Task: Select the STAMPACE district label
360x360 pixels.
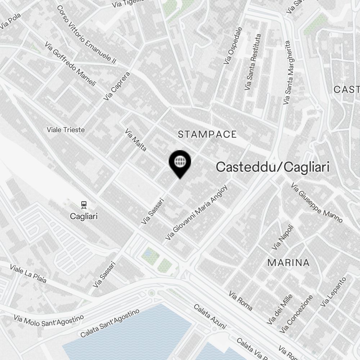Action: (x=207, y=135)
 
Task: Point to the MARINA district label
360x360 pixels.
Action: (x=288, y=263)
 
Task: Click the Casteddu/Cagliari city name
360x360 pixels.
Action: (x=273, y=167)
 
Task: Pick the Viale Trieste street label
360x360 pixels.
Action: (x=66, y=130)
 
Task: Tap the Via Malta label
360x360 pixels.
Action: (x=136, y=140)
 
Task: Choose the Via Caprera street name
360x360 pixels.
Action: (x=116, y=86)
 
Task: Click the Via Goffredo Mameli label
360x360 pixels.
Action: (x=71, y=64)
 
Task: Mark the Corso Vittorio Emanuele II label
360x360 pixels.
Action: (x=86, y=35)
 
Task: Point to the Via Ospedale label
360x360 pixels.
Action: (x=232, y=46)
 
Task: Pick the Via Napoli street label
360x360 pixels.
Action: (x=283, y=238)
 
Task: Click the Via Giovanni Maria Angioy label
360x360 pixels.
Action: (x=197, y=213)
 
